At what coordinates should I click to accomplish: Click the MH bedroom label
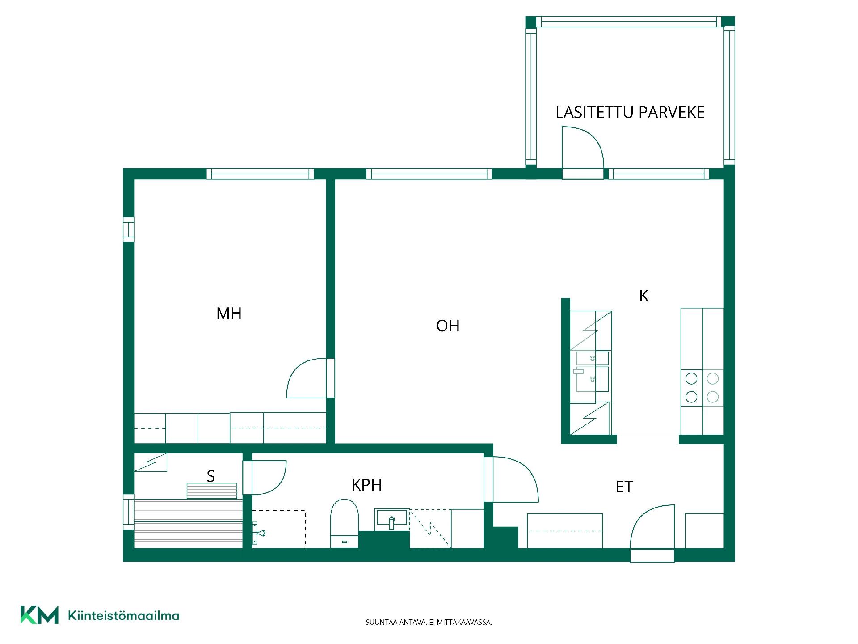tap(229, 314)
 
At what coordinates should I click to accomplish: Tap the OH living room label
tap(448, 326)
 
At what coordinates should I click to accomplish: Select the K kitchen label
tap(643, 296)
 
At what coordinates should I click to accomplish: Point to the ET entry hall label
tap(624, 487)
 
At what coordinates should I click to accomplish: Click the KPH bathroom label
tap(366, 485)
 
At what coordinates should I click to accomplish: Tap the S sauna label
tap(211, 476)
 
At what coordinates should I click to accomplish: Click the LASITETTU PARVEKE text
tap(630, 112)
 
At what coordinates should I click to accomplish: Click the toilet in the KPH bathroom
tap(345, 524)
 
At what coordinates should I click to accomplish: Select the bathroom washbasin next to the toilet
tap(392, 519)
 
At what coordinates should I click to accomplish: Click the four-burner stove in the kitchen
tap(702, 388)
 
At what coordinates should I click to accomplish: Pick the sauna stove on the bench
tap(212, 491)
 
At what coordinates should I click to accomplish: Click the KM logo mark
tap(39, 615)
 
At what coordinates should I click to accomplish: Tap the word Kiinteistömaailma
tap(123, 615)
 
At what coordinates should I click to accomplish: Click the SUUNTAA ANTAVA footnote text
tap(429, 622)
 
